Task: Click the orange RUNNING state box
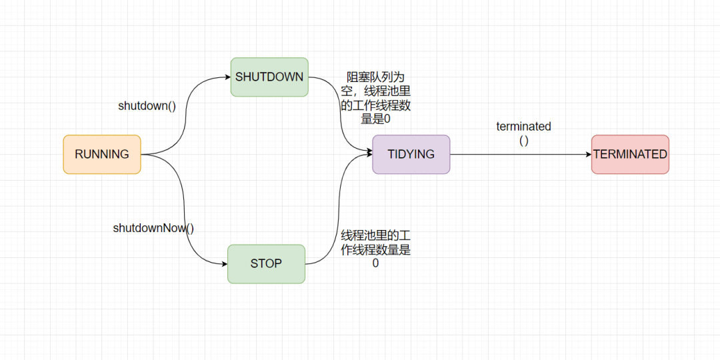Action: tap(102, 154)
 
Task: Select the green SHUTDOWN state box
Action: tap(269, 77)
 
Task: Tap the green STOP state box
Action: tap(266, 263)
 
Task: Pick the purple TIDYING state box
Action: tap(411, 154)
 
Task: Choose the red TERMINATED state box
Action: tap(630, 154)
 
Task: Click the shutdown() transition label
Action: tap(147, 106)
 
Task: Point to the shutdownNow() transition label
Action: tap(153, 228)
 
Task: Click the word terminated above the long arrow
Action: tap(523, 127)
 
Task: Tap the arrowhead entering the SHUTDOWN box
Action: tap(227, 77)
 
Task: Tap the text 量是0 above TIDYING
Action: tap(375, 119)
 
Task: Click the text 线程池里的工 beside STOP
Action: tap(375, 235)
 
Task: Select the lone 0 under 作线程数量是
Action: tap(375, 263)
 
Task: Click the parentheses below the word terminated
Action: tap(523, 140)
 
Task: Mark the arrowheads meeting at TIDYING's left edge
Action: tap(368, 153)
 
